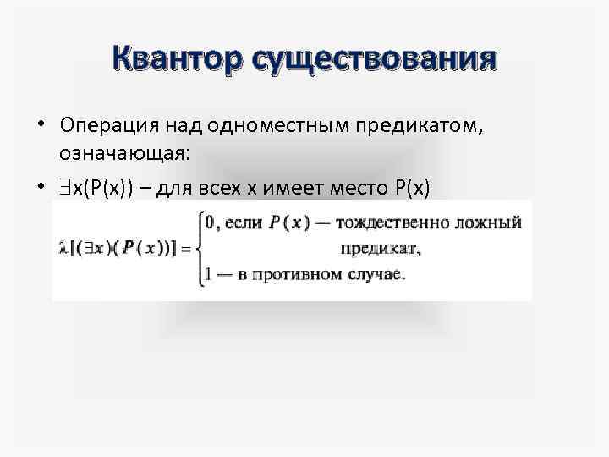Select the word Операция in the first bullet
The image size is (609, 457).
[x=104, y=125]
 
